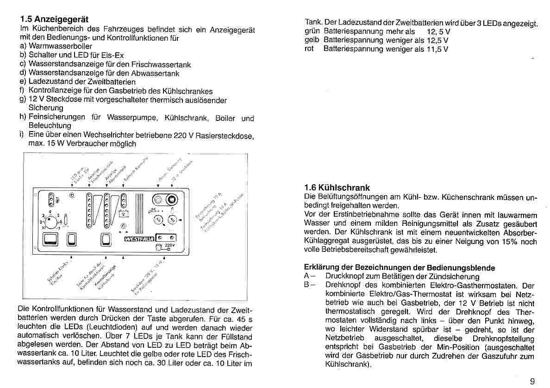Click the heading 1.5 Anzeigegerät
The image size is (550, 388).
pyautogui.click(x=54, y=19)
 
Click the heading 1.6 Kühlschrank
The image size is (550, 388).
pyautogui.click(x=337, y=188)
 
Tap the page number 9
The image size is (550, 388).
pyautogui.click(x=532, y=381)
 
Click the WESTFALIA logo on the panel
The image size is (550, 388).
pyautogui.click(x=139, y=239)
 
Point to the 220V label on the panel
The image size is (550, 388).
pyautogui.click(x=170, y=245)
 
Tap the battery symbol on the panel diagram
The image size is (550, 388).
pyautogui.click(x=124, y=214)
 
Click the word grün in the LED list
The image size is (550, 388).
pyautogui.click(x=312, y=31)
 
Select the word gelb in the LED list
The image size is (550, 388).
pyautogui.click(x=312, y=40)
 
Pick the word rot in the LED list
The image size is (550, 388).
pyautogui.click(x=309, y=49)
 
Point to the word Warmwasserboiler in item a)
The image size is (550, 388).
pyautogui.click(x=60, y=46)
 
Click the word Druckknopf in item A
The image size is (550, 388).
pyautogui.click(x=343, y=276)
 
